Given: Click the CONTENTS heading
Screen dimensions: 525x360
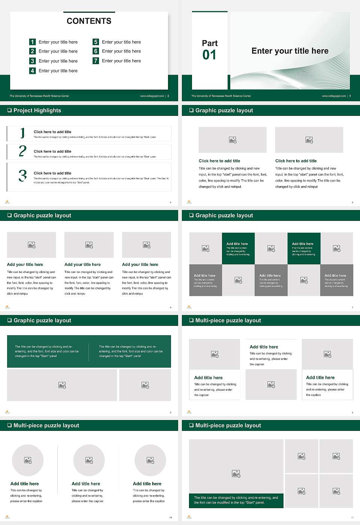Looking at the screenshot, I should pos(89,21).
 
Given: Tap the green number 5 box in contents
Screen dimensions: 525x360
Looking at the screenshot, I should pos(96,42).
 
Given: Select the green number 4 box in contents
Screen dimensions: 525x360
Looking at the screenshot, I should pos(32,70).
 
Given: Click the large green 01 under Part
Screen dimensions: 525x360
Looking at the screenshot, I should pos(209,55).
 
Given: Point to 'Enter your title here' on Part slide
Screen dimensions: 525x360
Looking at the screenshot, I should pos(290,51).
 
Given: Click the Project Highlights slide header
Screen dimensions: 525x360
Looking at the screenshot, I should pos(37,110).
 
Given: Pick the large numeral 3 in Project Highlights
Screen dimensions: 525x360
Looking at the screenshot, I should pos(22,175).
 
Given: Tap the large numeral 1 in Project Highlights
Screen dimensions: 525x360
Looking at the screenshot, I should pos(22,133).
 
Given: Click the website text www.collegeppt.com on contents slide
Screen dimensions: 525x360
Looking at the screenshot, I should pos(152,96).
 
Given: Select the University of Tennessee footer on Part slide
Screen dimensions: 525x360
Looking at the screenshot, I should pos(221,96).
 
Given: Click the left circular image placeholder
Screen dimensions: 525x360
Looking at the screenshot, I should pos(28,460).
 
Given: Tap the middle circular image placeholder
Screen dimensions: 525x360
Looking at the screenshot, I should pos(89,460).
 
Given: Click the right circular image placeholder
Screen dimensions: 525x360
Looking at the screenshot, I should pos(150,460).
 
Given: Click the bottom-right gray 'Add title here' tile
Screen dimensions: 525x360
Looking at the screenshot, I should pos(336,280).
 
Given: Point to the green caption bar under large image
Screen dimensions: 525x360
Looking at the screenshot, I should pos(236,500).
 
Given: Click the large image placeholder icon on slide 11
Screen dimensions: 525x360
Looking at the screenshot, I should pos(236,474).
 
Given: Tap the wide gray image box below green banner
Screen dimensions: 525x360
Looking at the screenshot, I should pos(62,385).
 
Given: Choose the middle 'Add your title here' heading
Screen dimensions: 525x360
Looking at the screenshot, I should pos(82,264).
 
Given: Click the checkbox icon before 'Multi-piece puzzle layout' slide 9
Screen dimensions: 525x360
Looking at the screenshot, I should pos(191,320).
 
